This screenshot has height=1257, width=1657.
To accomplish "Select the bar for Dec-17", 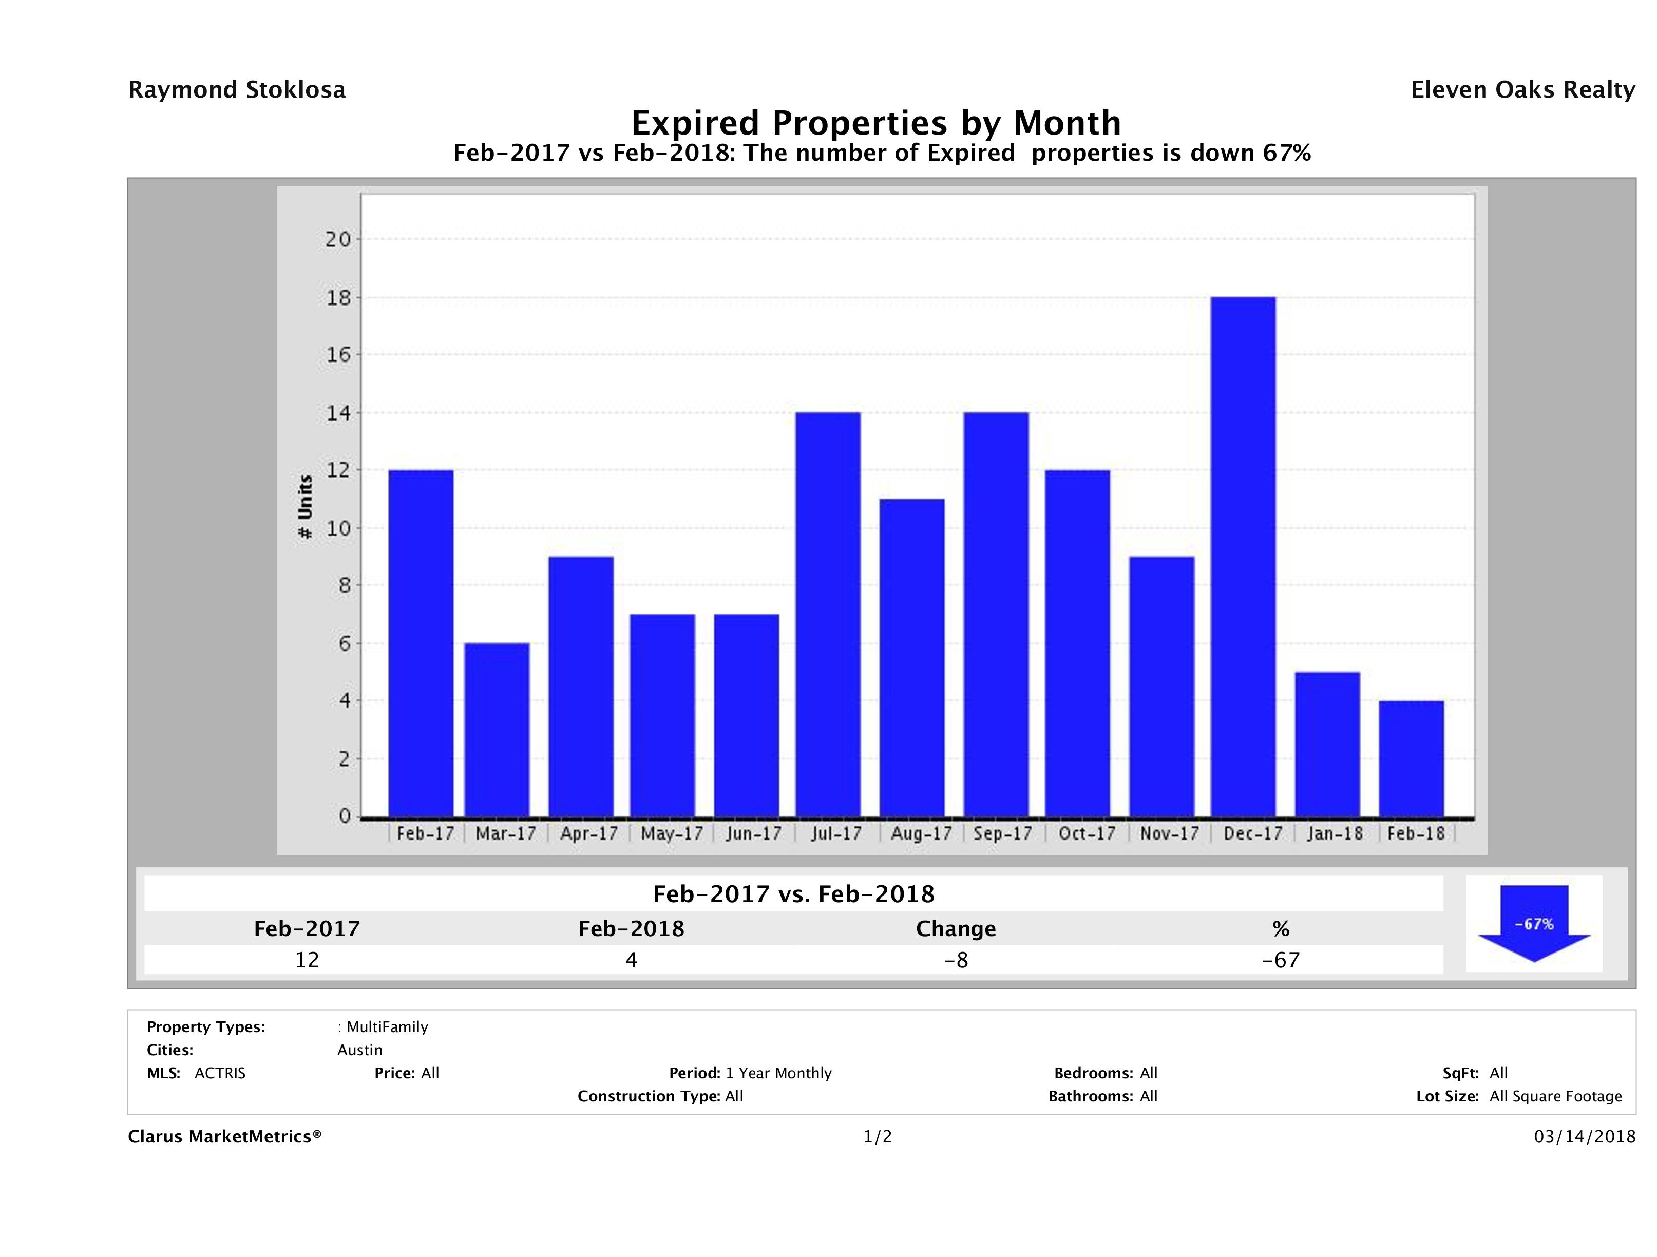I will coord(1243,557).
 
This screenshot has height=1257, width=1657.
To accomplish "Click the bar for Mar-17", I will coord(497,730).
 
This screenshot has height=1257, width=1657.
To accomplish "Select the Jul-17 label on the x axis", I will coord(836,834).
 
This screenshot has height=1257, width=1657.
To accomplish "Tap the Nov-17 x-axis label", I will coord(1169,834).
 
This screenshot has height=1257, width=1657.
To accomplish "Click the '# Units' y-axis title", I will coord(305,507).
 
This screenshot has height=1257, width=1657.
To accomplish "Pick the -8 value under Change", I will coord(956,960).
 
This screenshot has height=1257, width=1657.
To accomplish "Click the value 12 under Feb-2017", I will coord(307,960).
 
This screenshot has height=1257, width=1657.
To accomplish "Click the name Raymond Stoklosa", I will coord(237,90).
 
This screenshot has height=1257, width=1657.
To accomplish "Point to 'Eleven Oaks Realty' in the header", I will coord(1522,90).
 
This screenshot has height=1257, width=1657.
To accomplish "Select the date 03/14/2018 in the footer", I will coord(1584,1137).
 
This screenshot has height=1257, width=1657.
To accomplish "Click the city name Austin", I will coord(359,1050).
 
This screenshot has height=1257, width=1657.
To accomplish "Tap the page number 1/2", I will coord(877,1137).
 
